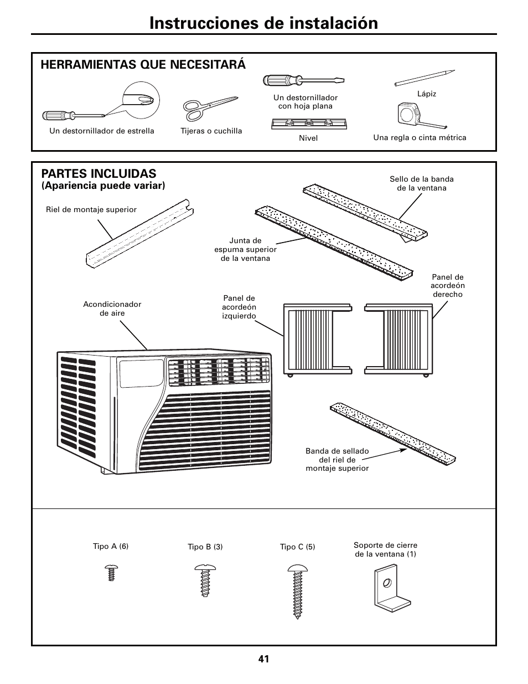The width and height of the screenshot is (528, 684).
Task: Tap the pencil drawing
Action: click(425, 78)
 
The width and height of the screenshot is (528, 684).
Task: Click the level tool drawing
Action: click(308, 124)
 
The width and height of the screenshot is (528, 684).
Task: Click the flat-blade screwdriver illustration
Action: click(303, 80)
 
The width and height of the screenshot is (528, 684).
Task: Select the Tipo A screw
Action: click(111, 572)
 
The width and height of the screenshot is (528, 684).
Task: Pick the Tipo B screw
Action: click(205, 580)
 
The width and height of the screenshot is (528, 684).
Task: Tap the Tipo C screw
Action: click(298, 590)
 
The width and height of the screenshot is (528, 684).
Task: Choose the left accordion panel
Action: click(315, 339)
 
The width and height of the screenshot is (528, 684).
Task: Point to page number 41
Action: click(263, 659)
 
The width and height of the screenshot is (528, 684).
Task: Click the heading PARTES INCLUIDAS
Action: click(99, 173)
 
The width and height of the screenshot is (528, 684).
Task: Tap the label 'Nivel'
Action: click(308, 138)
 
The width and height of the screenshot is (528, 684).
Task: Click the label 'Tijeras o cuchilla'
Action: click(211, 131)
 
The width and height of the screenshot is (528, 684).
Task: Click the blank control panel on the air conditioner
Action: click(141, 374)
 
